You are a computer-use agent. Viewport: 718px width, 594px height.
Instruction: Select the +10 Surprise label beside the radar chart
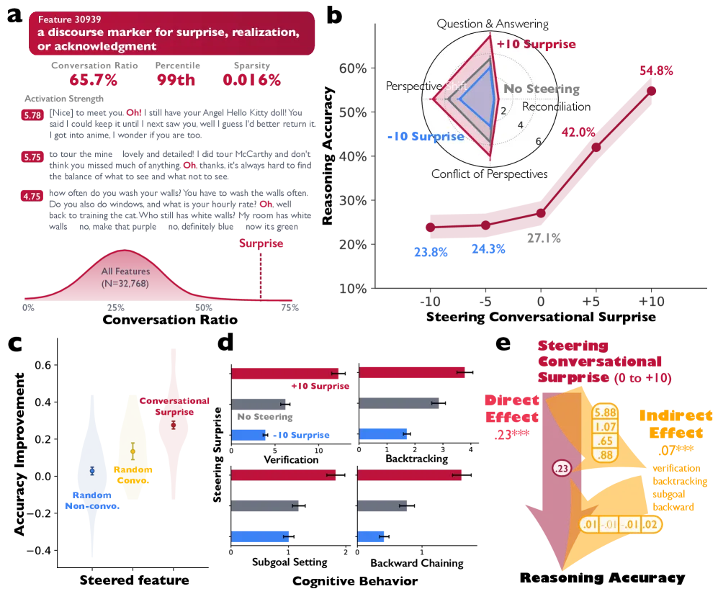(537, 45)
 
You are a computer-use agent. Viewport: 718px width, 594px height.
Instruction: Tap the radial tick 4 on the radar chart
(520, 125)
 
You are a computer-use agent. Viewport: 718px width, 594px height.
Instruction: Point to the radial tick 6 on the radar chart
(538, 141)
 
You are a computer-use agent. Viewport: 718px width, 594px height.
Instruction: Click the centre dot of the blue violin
(91, 469)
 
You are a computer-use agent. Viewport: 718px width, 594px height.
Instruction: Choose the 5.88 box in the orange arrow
(604, 413)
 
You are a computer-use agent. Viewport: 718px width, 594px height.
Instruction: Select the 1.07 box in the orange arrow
(604, 426)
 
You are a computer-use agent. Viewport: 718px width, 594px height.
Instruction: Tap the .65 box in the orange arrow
(604, 440)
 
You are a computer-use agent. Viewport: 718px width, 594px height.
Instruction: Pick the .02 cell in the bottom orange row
(650, 524)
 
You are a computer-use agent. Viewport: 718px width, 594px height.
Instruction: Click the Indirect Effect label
(676, 425)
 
